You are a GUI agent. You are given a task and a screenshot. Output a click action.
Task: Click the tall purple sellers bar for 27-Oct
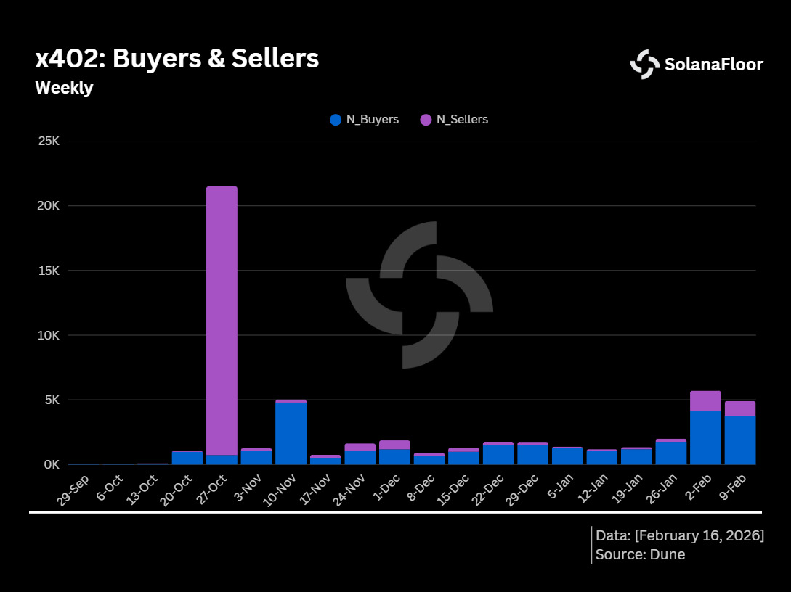point(222,319)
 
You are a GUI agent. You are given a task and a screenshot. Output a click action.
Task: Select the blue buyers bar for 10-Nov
point(291,433)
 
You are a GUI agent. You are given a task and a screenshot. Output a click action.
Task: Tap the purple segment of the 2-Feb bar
point(705,400)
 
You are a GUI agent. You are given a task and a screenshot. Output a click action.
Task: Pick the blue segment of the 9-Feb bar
point(739,440)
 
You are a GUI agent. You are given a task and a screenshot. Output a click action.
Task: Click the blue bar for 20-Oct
point(187,458)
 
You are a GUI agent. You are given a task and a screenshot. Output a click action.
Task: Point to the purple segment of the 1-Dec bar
point(394,445)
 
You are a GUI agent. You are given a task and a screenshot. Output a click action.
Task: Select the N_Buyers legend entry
point(365,120)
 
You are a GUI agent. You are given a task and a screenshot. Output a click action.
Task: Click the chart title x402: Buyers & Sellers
point(177,59)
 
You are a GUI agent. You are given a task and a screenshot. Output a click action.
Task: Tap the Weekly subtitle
point(64,88)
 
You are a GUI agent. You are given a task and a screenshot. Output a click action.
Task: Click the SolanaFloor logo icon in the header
point(644,64)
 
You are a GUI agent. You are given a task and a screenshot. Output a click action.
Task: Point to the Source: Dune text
point(640,555)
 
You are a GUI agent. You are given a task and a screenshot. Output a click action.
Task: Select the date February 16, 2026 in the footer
point(699,535)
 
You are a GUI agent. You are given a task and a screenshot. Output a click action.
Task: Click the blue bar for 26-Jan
point(670,453)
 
